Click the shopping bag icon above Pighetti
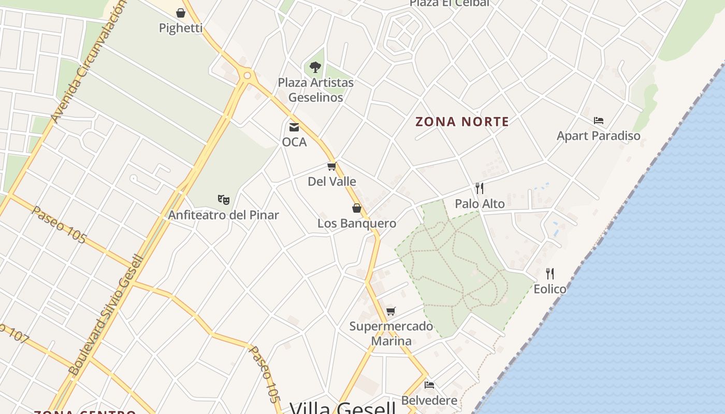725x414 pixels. click(181, 12)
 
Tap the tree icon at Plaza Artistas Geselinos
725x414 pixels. click(315, 67)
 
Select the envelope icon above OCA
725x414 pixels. click(294, 127)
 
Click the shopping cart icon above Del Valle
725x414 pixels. click(332, 166)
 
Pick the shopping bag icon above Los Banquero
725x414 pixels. click(357, 208)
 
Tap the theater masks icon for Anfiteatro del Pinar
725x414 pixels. click(224, 199)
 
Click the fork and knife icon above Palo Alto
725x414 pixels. click(480, 188)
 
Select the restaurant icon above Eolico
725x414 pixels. click(550, 273)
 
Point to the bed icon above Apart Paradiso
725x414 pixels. click(599, 121)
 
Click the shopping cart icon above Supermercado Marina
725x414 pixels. click(391, 311)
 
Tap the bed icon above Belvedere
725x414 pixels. click(429, 385)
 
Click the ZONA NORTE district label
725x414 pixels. click(462, 122)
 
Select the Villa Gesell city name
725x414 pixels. click(342, 408)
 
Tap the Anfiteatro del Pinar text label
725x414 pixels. click(224, 215)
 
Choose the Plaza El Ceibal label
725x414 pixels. click(450, 3)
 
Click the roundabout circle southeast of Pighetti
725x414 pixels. click(247, 76)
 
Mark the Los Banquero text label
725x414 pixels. click(357, 224)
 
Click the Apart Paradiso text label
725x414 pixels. click(599, 136)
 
